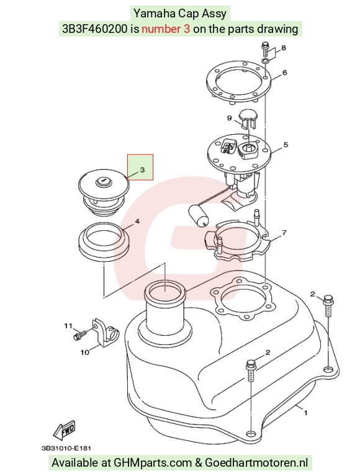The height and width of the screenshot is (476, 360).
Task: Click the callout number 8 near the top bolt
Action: [x=284, y=48]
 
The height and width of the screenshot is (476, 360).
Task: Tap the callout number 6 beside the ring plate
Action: [x=284, y=73]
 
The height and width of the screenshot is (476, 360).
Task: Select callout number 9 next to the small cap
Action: [x=230, y=118]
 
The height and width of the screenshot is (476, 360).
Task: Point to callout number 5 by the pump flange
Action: [x=286, y=145]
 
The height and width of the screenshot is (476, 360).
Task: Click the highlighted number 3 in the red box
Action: [x=143, y=170]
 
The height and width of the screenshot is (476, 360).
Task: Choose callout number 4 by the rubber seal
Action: [x=137, y=222]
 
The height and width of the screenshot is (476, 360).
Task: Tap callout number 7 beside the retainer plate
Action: [x=284, y=233]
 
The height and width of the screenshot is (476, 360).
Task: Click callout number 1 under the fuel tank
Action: [x=305, y=413]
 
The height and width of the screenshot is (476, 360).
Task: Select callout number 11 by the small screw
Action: [x=68, y=326]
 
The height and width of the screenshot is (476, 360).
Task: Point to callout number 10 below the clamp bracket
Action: [x=84, y=352]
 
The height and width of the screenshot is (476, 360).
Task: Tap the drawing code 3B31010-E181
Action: [x=66, y=448]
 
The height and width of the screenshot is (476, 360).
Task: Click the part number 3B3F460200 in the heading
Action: [x=95, y=29]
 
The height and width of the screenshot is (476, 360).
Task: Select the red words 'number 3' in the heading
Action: [x=166, y=29]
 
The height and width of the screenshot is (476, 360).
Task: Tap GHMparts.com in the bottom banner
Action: [x=153, y=463]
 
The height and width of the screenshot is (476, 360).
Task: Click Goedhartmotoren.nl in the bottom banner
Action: [x=256, y=463]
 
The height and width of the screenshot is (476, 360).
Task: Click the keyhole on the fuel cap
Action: [x=103, y=181]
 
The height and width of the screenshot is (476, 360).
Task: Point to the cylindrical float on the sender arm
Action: [x=198, y=215]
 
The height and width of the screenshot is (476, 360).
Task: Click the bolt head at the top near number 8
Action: [x=264, y=47]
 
